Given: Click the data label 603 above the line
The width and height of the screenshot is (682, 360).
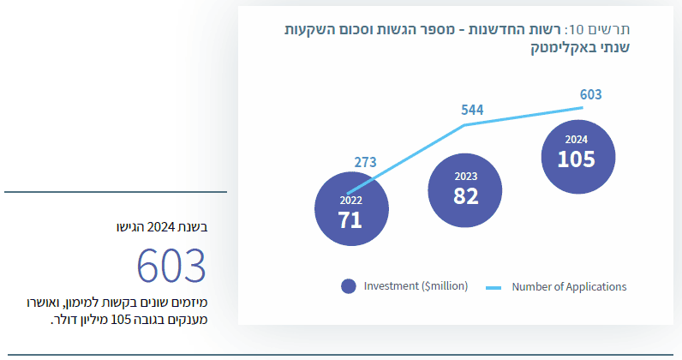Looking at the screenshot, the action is [x=590, y=94].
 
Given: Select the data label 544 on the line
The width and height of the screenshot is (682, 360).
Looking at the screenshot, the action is [x=472, y=110].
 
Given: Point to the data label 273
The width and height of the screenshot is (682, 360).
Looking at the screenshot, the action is [x=365, y=162].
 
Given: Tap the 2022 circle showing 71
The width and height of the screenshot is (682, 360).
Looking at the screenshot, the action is [x=351, y=209].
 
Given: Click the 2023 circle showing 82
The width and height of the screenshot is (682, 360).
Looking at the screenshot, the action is [x=465, y=190].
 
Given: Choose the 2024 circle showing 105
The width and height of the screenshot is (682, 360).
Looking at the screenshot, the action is [x=578, y=157].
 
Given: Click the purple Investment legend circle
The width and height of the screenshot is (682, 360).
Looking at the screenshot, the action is [x=349, y=286].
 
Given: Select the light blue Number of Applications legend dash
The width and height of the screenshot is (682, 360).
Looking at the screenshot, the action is [x=494, y=288].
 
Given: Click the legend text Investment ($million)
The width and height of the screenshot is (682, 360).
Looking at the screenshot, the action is [x=416, y=286].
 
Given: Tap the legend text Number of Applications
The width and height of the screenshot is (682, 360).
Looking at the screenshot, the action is [x=569, y=287].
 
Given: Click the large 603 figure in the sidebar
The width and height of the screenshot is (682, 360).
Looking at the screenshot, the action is [x=171, y=266].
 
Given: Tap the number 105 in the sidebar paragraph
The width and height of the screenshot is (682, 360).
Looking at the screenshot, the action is [x=121, y=320].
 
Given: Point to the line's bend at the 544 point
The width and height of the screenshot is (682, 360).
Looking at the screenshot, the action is [x=464, y=125].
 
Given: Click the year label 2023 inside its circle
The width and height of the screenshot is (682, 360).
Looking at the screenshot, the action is [x=466, y=177].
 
